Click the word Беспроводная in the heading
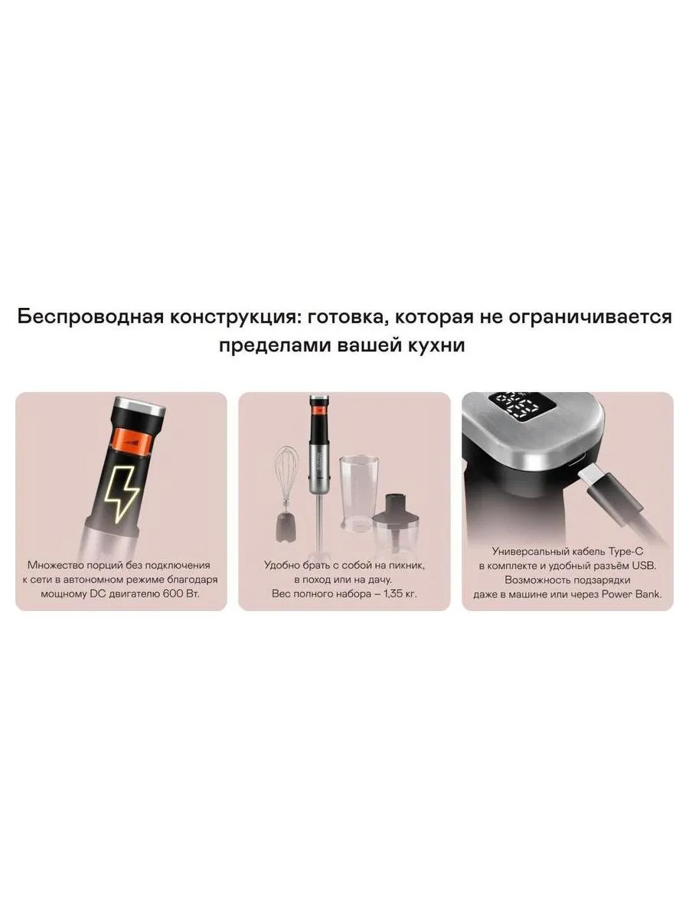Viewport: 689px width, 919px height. coord(90,317)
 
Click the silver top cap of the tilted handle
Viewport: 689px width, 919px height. coord(141,404)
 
